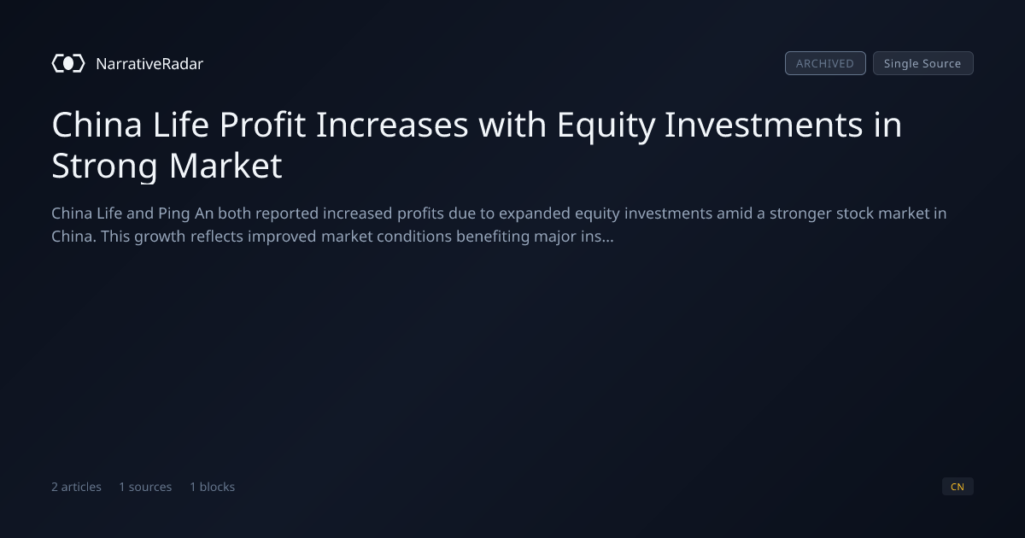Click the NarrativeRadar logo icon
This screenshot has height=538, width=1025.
[x=68, y=63]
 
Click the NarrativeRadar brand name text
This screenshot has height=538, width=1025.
[x=149, y=63]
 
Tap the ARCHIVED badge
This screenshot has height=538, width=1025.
[x=825, y=63]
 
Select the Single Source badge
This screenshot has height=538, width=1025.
[x=923, y=63]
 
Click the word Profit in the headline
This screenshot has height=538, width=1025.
[x=262, y=125]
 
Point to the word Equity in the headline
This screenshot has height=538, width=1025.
[x=606, y=126]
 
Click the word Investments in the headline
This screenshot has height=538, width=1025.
[x=764, y=125]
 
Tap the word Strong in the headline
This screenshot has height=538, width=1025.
[x=104, y=167]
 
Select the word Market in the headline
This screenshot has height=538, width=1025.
[x=225, y=165]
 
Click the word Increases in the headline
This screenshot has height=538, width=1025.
[x=392, y=125]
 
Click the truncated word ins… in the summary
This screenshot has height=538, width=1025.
[x=596, y=237]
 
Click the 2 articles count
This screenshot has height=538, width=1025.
[x=76, y=487]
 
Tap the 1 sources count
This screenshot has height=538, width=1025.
[x=145, y=487]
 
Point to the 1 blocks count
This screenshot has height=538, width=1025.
[x=213, y=487]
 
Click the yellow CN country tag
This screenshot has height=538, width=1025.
[x=958, y=486]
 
